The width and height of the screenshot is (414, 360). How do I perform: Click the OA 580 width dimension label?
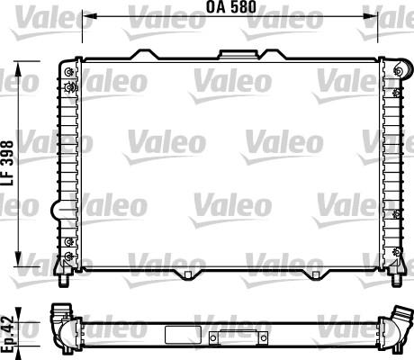(x=231, y=7)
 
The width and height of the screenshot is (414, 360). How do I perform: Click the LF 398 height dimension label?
(x=7, y=163)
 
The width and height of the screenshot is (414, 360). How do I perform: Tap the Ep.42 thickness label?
(x=7, y=334)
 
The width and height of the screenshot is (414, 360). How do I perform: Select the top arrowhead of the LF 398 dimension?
(x=19, y=68)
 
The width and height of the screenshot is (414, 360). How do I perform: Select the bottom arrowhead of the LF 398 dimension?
(x=19, y=258)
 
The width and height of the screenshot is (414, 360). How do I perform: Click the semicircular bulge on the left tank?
(x=57, y=209)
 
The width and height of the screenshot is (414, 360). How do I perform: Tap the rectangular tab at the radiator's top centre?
(x=238, y=54)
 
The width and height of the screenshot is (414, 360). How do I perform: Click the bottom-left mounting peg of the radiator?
(x=64, y=281)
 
